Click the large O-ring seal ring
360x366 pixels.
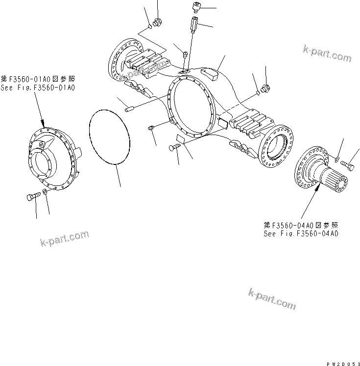tap(109, 137)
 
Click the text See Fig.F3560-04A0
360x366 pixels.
tap(300, 233)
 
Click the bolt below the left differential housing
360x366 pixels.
tap(30, 197)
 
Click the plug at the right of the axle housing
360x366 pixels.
tap(266, 89)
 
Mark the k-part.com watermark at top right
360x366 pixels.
tap(327, 53)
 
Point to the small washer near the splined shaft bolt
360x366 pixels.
tap(337, 159)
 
